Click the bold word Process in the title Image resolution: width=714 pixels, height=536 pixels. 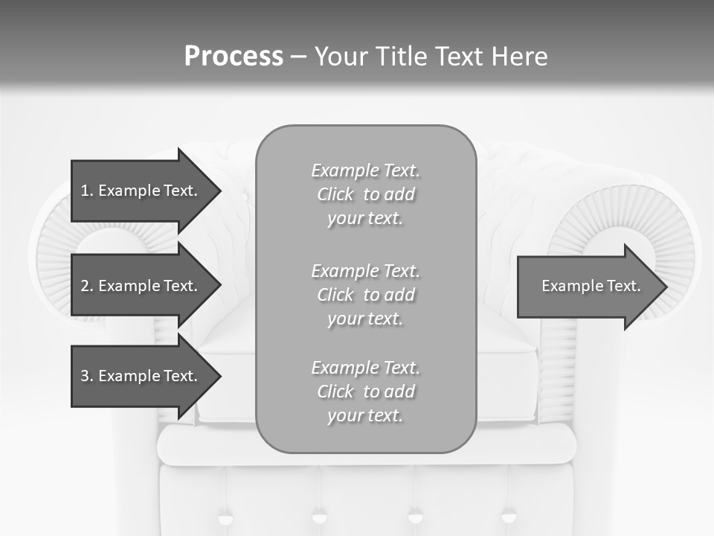(x=234, y=57)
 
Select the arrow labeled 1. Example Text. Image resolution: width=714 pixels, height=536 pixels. (x=141, y=191)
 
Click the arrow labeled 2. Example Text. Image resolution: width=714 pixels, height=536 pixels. (x=141, y=286)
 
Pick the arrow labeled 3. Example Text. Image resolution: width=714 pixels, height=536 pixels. (x=141, y=376)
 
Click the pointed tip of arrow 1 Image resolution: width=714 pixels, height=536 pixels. (x=219, y=191)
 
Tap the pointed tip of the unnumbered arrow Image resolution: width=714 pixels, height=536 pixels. (x=665, y=286)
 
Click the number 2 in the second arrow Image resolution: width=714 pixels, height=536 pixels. (x=85, y=286)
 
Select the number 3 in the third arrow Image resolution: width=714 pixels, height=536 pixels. (x=85, y=376)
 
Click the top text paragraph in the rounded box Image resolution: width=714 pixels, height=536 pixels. (x=365, y=194)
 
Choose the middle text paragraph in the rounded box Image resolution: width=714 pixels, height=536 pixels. (x=365, y=295)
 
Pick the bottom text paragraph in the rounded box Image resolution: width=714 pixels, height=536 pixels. (x=365, y=392)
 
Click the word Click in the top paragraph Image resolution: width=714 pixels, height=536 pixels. (x=335, y=194)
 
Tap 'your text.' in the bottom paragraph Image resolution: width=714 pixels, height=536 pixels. (x=365, y=415)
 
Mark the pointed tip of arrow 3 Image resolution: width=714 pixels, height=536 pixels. (x=219, y=376)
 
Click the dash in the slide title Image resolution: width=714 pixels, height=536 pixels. (x=298, y=57)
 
